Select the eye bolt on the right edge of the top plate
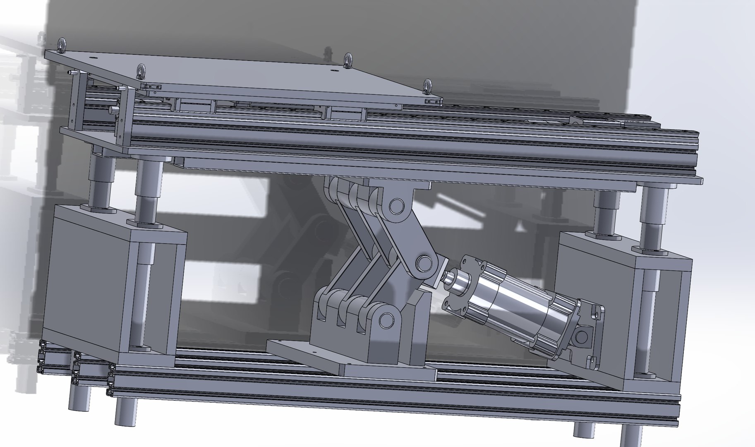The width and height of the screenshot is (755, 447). [x=427, y=87]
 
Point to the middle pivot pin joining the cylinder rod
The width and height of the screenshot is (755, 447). [x=423, y=263]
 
